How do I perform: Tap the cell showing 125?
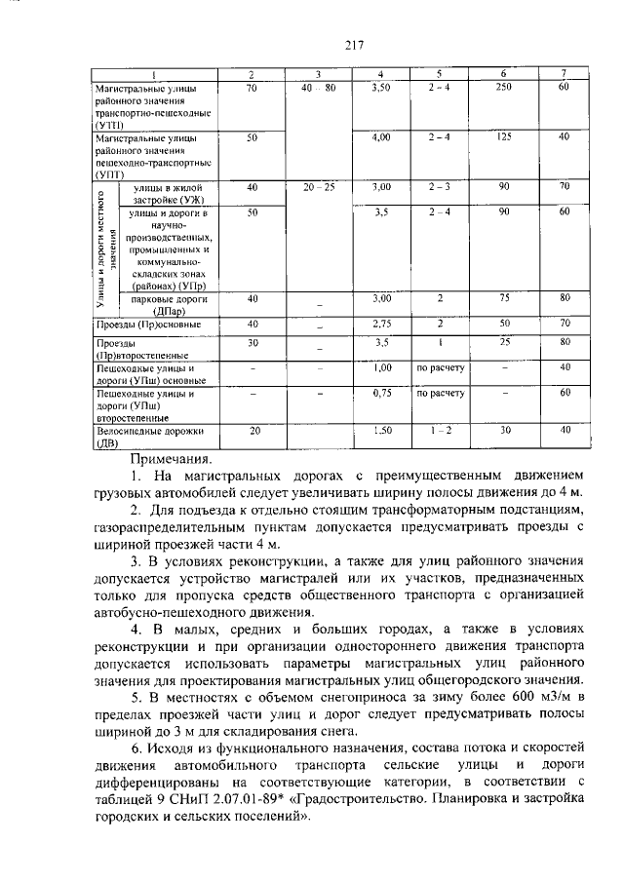point(504,137)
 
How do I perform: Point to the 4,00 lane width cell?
point(381,137)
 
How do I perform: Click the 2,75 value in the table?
point(381,323)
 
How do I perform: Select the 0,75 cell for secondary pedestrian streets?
point(381,394)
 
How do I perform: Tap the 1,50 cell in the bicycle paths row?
point(381,430)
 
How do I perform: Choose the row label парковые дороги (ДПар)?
point(164,303)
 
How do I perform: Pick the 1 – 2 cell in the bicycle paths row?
point(441,430)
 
